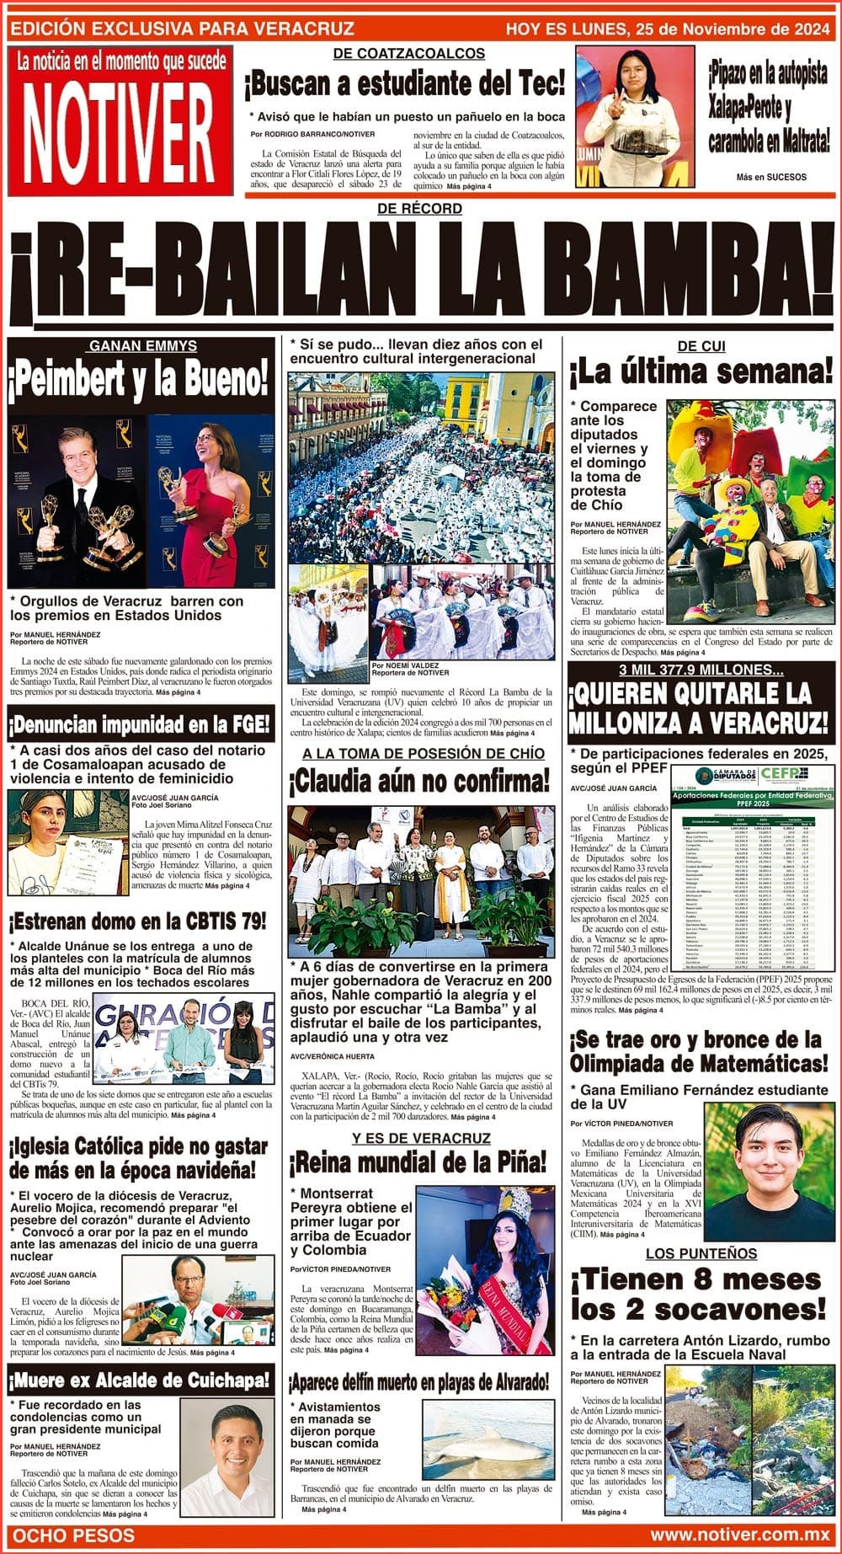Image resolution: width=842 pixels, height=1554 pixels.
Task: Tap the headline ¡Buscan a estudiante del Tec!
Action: pyautogui.click(x=404, y=84)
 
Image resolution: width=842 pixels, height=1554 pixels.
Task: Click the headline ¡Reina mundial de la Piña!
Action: pyautogui.click(x=418, y=1164)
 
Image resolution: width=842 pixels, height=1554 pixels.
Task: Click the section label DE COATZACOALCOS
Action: pyautogui.click(x=409, y=53)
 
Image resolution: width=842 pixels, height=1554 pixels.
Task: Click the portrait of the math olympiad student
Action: pyautogui.click(x=769, y=1172)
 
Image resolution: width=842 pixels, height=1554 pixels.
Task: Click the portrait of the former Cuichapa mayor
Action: pyautogui.click(x=227, y=1458)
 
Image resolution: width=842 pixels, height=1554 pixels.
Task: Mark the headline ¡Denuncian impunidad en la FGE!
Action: pyautogui.click(x=141, y=724)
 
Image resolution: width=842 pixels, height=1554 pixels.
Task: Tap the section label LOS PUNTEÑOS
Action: pyautogui.click(x=701, y=1254)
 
